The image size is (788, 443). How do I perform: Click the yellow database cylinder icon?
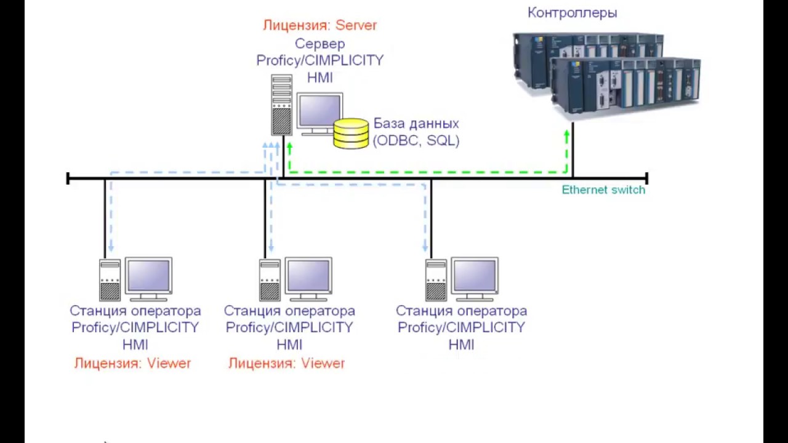click(x=351, y=133)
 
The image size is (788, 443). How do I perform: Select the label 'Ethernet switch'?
click(x=603, y=190)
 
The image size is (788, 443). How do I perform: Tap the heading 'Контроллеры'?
click(x=572, y=13)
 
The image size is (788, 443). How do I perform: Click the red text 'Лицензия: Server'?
click(x=320, y=26)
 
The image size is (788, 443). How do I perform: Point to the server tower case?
click(x=281, y=105)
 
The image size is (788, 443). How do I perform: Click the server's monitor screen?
click(x=320, y=111)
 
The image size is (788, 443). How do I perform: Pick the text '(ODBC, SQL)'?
click(x=416, y=140)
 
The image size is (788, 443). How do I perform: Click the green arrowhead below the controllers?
click(x=566, y=134)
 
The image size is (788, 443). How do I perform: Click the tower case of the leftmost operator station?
click(x=110, y=281)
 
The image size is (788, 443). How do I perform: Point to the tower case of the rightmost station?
click(x=436, y=281)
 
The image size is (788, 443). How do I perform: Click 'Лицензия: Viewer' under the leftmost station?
click(x=133, y=363)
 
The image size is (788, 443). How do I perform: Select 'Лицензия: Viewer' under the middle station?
click(x=287, y=363)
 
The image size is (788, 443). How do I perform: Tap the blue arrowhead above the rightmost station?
click(x=425, y=249)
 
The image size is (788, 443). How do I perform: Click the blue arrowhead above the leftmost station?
click(x=111, y=249)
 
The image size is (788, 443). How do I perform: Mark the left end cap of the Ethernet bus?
click(x=68, y=178)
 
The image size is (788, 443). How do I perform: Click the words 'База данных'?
click(x=416, y=124)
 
